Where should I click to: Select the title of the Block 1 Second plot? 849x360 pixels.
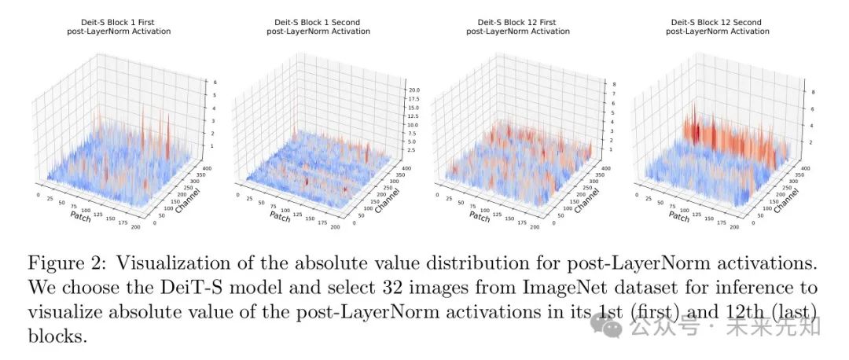tap(318, 26)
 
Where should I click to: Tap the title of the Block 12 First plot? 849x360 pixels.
tap(517, 26)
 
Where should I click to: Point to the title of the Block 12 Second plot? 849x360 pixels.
tap(717, 26)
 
